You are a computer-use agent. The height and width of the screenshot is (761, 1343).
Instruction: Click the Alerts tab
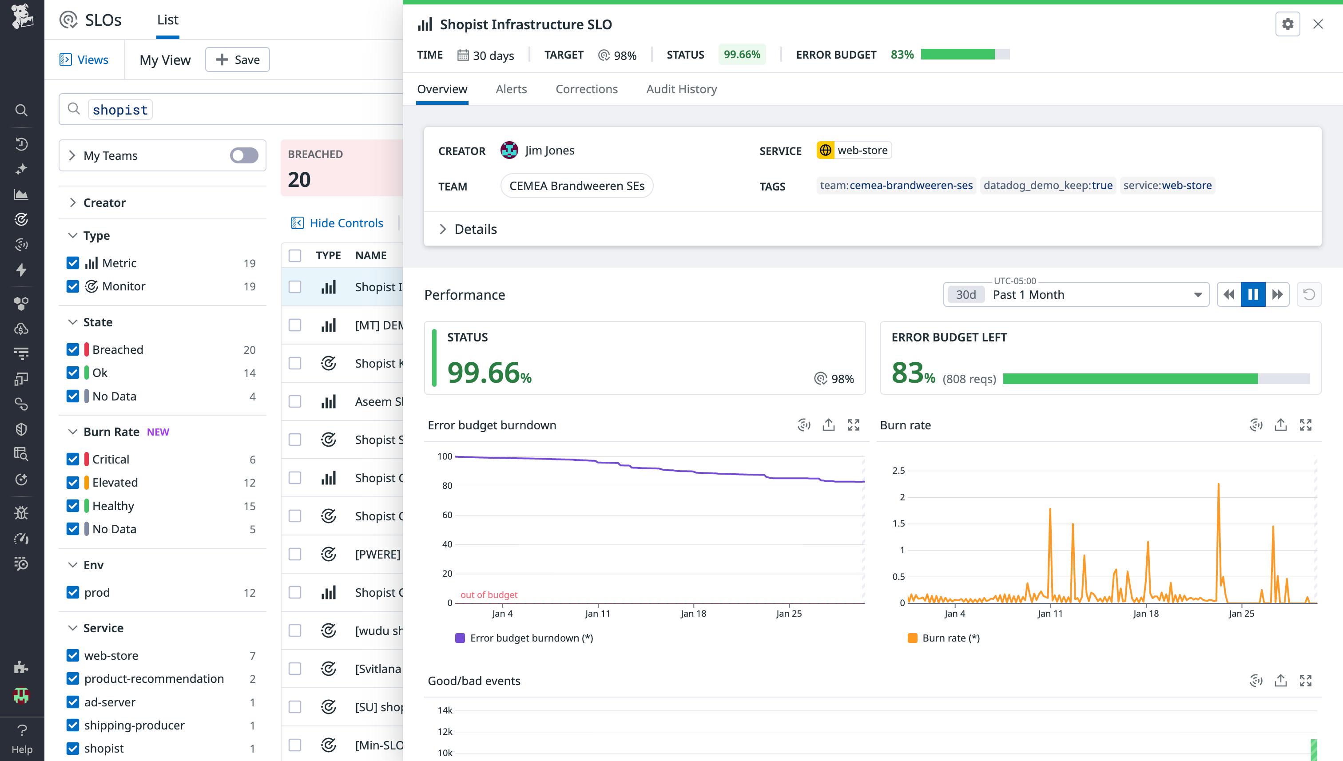(511, 89)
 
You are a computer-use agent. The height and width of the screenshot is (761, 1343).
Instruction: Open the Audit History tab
(681, 89)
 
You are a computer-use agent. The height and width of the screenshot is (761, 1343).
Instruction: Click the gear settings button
(1287, 24)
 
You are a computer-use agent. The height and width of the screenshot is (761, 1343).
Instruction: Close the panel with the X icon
(1318, 24)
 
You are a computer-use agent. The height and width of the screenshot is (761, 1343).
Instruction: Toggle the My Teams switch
(244, 155)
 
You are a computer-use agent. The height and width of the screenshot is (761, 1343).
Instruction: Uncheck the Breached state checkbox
(73, 350)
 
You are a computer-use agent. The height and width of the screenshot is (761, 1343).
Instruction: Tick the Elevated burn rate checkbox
(73, 483)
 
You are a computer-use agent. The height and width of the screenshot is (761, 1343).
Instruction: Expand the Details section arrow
(443, 229)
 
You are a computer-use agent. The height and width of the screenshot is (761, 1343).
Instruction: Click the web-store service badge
(854, 151)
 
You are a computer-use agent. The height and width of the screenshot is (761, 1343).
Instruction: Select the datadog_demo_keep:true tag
(1048, 186)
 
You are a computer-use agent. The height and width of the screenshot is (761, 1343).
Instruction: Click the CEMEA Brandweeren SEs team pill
(576, 186)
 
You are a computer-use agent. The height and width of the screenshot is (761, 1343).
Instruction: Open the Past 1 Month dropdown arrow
(1198, 295)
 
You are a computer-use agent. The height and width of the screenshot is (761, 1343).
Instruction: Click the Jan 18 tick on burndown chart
(693, 613)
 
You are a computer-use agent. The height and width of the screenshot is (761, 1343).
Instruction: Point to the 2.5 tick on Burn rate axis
(898, 470)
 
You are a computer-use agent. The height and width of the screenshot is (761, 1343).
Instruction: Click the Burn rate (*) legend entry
(944, 638)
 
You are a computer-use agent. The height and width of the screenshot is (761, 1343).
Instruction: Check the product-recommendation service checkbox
(73, 678)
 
